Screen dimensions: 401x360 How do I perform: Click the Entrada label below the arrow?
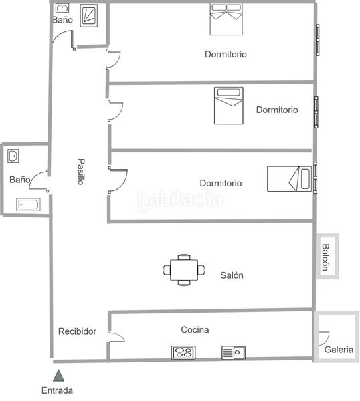[x=57, y=390]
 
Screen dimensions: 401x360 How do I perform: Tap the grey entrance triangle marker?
[x=59, y=375]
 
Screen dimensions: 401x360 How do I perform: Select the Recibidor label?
[x=77, y=331]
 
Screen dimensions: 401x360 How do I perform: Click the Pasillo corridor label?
[x=80, y=171]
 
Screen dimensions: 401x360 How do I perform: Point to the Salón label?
[x=232, y=275]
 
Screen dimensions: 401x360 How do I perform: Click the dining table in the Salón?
[x=184, y=270]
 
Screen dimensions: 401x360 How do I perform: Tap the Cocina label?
[x=195, y=329]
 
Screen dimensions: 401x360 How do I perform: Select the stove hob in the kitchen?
[x=182, y=352]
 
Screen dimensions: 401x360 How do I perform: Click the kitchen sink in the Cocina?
[x=234, y=352]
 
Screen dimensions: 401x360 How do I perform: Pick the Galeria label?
[x=339, y=350]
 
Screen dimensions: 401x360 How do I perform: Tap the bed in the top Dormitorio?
[x=226, y=19]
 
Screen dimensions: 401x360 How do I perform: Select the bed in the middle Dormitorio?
[x=228, y=106]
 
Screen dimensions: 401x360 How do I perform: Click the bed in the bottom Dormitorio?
[x=289, y=178]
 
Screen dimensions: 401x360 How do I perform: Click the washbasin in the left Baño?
[x=13, y=156]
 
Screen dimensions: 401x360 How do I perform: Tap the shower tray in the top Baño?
[x=90, y=16]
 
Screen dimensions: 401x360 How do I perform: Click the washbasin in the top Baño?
[x=62, y=9]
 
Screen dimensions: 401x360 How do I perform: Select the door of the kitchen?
[x=115, y=337]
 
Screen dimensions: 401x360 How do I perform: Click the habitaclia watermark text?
[x=179, y=199]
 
